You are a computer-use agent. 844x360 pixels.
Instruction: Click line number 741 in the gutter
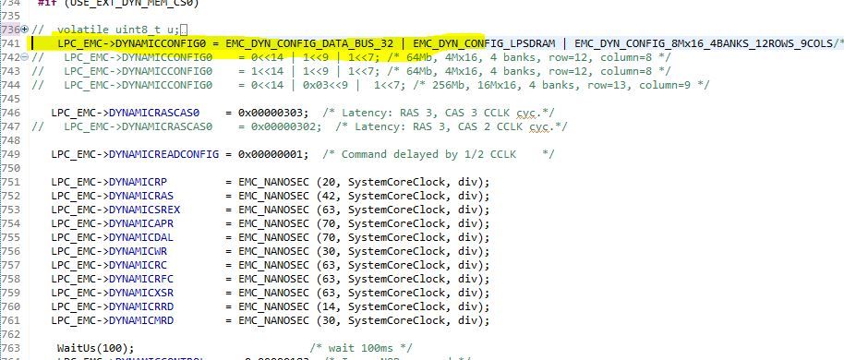[x=12, y=42]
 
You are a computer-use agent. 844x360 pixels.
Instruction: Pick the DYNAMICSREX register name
[x=146, y=210]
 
